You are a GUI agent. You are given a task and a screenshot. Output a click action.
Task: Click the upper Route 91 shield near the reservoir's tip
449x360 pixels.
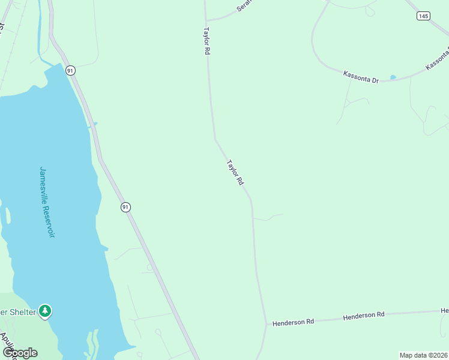(71, 70)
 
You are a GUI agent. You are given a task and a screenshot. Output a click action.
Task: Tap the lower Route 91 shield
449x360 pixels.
(125, 206)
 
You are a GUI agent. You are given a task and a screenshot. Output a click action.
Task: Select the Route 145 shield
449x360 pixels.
(424, 16)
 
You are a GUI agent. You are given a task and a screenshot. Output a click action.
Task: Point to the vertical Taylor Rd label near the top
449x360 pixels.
(206, 41)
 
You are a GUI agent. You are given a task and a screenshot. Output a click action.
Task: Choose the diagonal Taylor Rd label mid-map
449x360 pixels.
(235, 172)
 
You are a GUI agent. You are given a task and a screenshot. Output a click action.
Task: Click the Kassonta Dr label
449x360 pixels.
(361, 77)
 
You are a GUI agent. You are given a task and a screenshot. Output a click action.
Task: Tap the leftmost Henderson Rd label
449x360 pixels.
(294, 322)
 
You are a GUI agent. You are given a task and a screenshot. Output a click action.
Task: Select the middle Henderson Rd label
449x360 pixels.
(364, 315)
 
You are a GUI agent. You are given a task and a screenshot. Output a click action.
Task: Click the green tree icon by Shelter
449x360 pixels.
(45, 311)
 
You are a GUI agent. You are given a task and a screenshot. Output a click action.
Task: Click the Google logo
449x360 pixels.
(19, 353)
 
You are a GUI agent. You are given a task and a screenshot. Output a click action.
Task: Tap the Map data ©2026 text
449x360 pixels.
(423, 355)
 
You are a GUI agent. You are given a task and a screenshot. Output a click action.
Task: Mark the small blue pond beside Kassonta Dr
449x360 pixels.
(393, 77)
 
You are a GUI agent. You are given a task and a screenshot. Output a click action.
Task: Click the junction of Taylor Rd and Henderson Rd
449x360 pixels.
(267, 325)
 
